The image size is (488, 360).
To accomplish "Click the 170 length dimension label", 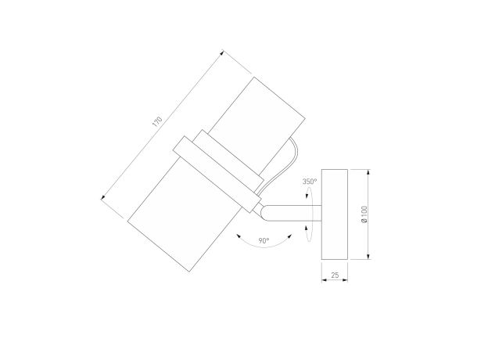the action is (x=157, y=121).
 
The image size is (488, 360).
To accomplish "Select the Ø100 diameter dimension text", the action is (x=364, y=214).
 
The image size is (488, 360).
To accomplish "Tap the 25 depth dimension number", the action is (x=335, y=275).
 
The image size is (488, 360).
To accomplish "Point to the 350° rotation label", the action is (x=310, y=182).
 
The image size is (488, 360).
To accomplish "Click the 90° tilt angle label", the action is (x=264, y=240).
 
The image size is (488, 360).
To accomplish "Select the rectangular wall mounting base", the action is (x=335, y=214).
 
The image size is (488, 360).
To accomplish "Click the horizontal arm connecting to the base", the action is (x=292, y=214).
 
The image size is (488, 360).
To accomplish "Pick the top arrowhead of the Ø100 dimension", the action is (x=368, y=172).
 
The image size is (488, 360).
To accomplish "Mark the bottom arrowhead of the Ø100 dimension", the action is (x=368, y=256).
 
